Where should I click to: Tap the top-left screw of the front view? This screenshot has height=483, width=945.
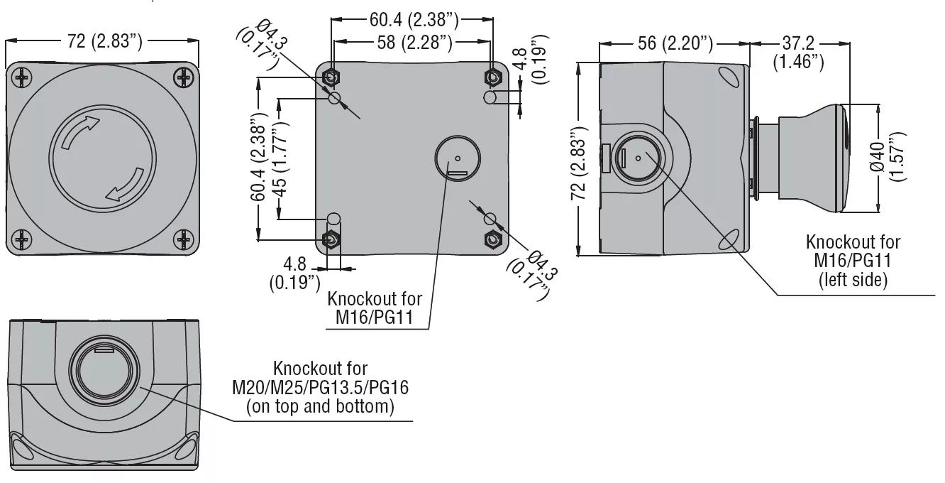click(x=22, y=77)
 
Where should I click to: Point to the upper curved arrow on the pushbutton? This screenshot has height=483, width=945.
click(x=80, y=131)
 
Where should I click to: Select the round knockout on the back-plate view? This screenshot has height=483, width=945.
click(x=458, y=157)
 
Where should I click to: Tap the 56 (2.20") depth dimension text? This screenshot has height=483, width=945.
click(x=675, y=43)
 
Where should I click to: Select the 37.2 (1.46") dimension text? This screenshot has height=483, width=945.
click(x=798, y=53)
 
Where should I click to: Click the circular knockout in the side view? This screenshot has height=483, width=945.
click(x=636, y=158)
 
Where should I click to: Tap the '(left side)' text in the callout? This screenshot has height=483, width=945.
click(x=853, y=280)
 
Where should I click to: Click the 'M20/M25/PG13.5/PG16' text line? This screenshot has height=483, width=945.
click(x=321, y=388)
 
